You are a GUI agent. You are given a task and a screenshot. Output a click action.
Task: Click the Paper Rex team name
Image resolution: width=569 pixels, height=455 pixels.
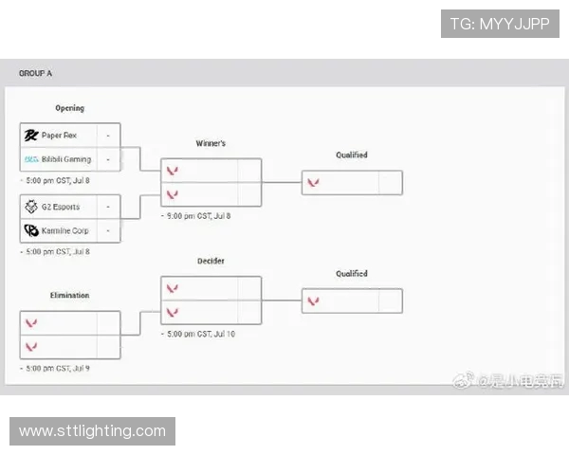point(59,136)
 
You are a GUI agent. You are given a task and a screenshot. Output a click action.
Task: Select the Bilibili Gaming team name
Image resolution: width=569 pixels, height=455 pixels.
point(66,159)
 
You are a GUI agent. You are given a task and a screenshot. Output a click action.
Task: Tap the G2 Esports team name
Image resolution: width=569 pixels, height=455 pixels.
point(61,207)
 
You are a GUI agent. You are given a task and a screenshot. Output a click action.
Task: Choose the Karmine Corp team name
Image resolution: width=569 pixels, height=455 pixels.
point(65,230)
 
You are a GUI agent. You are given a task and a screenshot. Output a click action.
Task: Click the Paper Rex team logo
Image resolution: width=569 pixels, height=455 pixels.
point(31,136)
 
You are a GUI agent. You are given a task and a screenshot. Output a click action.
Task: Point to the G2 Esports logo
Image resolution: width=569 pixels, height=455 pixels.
point(31,207)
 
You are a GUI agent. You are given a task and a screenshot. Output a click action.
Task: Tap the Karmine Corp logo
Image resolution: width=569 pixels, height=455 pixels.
point(31,230)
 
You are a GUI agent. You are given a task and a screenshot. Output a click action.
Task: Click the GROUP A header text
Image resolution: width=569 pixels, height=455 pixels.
point(36,73)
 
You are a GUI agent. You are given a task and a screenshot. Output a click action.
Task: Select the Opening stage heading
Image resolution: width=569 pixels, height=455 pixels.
point(69,108)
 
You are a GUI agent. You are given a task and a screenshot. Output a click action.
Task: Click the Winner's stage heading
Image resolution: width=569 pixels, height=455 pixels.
point(211,143)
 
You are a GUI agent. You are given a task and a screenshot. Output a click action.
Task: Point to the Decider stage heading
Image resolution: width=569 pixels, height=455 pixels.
point(211,261)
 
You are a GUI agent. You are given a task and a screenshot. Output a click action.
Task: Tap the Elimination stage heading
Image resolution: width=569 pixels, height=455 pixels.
point(69,296)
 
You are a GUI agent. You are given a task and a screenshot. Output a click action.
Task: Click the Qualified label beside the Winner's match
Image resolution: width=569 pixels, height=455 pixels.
point(351,155)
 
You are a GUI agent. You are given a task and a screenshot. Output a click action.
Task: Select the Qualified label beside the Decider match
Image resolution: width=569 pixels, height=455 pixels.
point(351,274)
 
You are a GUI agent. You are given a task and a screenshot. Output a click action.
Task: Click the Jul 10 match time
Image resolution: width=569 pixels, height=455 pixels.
point(201,334)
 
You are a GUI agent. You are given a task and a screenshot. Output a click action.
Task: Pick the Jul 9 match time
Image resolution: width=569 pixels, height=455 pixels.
point(60,368)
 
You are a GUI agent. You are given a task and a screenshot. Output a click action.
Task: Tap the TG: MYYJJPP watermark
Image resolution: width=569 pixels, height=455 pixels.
point(500,24)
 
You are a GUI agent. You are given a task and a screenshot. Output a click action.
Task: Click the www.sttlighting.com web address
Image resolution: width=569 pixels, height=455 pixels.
point(92,431)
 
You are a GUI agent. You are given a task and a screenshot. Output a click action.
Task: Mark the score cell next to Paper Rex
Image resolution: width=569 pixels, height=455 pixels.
point(108,136)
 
